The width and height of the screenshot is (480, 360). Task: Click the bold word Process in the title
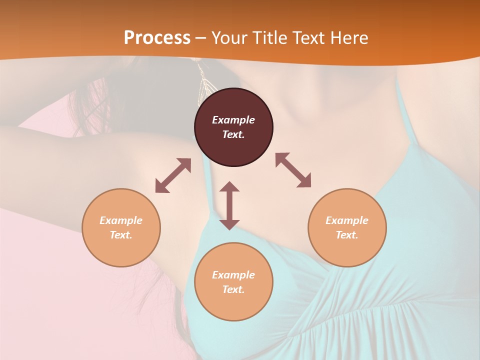tap(157, 38)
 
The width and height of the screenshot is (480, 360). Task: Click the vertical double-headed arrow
tap(229, 205)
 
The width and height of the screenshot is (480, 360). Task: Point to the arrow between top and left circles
tap(173, 175)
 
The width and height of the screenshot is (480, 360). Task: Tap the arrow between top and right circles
tap(293, 170)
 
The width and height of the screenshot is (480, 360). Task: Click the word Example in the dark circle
tap(233, 120)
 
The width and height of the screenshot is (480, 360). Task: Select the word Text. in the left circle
tap(121, 235)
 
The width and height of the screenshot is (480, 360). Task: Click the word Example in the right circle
tap(347, 220)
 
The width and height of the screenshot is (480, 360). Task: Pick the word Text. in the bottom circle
tap(233, 289)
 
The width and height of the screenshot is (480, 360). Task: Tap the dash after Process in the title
tap(200, 38)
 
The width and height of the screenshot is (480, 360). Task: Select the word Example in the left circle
tap(121, 220)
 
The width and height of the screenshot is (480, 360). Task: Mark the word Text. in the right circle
tap(347, 235)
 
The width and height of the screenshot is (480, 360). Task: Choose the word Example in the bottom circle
tap(233, 275)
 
